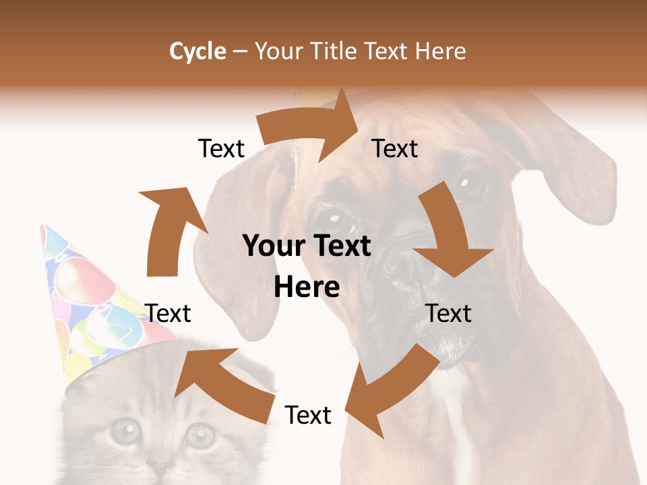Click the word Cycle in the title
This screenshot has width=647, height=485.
(x=197, y=51)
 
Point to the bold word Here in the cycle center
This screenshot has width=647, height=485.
(x=307, y=288)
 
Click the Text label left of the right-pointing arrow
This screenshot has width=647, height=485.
(x=221, y=149)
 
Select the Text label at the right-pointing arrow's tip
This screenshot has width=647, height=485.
(x=395, y=149)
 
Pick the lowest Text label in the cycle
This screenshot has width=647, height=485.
(x=308, y=416)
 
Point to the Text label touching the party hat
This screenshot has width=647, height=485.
(x=168, y=313)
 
